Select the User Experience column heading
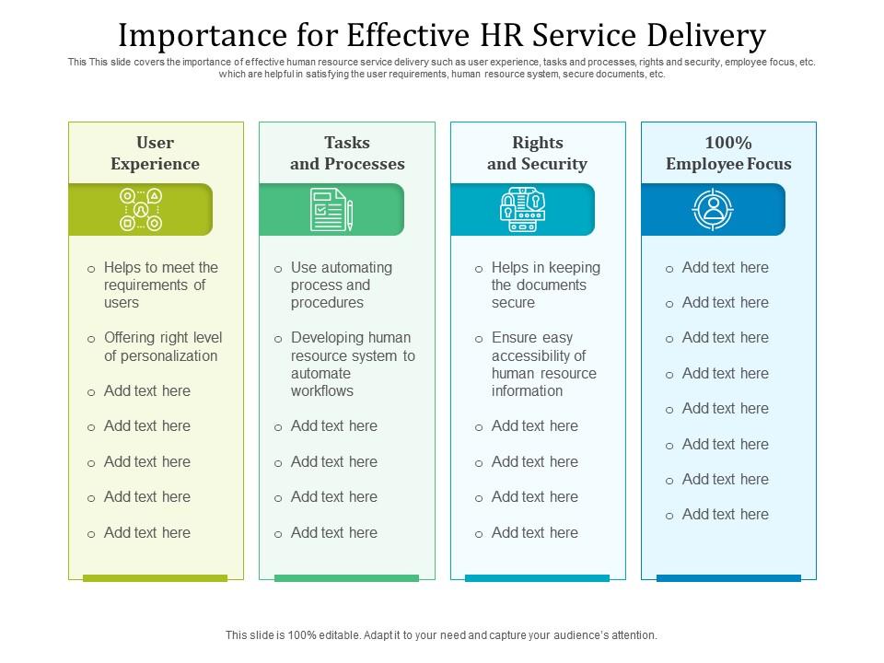coord(155,153)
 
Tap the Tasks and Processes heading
coord(347,153)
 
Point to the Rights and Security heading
coord(537,153)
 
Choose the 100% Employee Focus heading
coord(728,153)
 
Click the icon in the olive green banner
coord(141,210)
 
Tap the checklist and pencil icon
coord(331,210)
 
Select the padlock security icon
coord(522,210)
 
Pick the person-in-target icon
coord(713,210)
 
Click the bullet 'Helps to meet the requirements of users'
coord(160,285)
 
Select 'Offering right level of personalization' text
coord(162,346)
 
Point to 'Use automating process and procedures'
coord(341,285)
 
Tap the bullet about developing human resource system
coord(352,364)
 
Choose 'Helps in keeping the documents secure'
coord(545,285)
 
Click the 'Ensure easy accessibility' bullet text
coord(543,364)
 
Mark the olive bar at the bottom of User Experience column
coord(155,578)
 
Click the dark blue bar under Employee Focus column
coord(728,578)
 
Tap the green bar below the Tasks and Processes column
coord(346,578)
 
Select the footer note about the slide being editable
coord(442,634)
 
